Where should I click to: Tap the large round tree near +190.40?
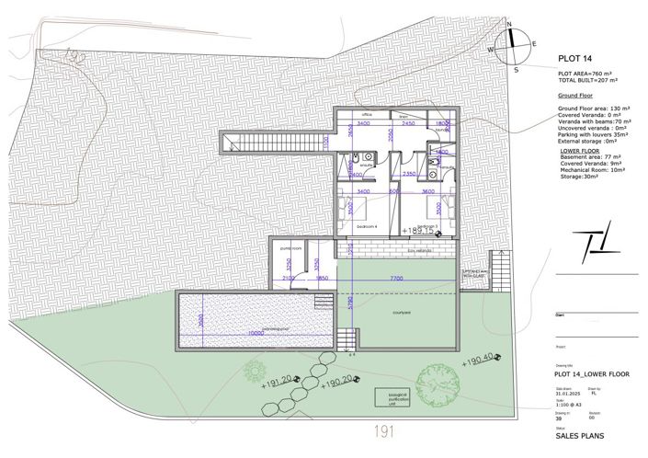pos(439,385)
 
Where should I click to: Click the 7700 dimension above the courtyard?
pos(397,278)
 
